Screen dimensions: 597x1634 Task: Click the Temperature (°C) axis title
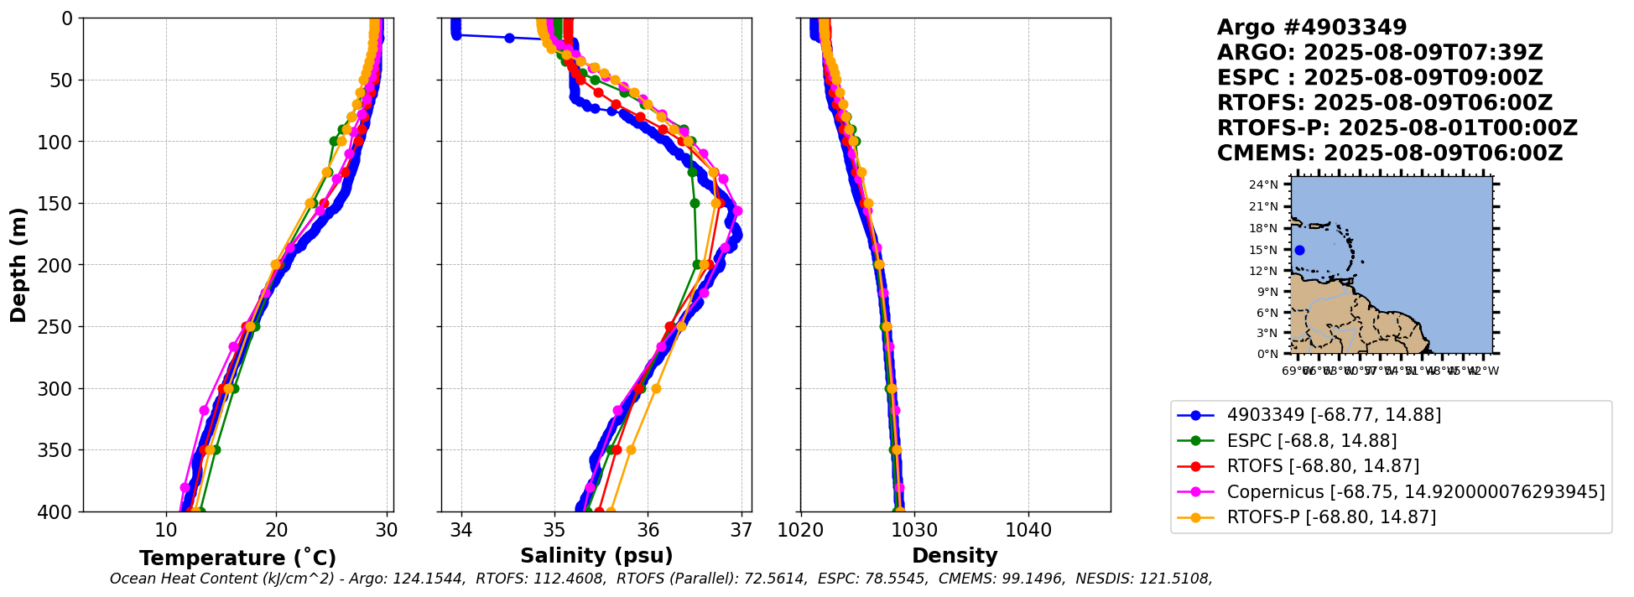237,558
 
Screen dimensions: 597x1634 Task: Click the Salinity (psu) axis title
596,556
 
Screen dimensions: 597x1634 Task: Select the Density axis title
955,556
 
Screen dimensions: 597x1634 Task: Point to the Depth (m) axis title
18,264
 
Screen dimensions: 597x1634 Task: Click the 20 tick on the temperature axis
276,530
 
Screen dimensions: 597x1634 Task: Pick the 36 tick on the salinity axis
648,530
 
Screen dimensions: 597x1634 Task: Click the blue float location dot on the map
1299,250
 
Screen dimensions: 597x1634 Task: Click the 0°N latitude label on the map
1267,354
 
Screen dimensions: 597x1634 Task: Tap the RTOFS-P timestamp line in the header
1397,128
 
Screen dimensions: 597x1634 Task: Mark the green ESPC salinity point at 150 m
695,203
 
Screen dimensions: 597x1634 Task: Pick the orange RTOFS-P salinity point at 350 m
631,449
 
